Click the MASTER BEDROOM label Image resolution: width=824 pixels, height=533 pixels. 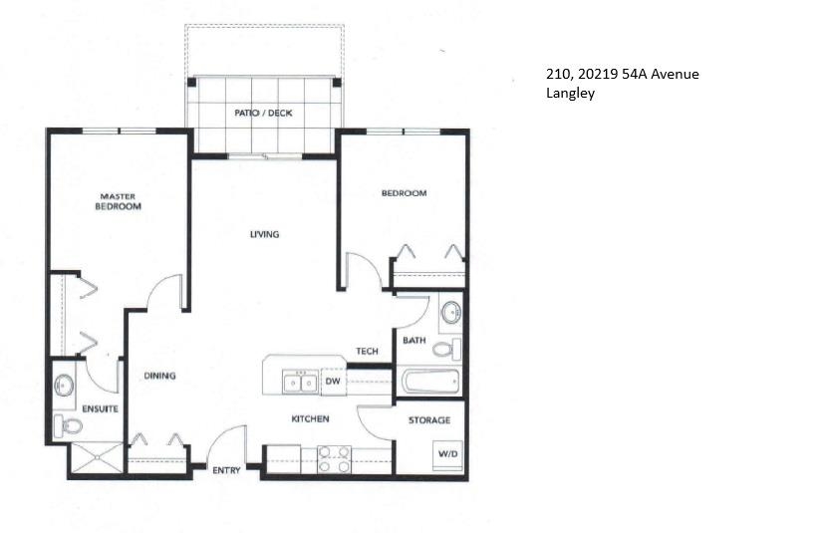pos(118,201)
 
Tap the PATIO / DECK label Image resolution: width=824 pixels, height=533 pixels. pos(262,113)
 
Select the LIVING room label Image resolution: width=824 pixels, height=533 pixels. pos(264,235)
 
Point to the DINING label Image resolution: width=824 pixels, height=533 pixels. pos(159,376)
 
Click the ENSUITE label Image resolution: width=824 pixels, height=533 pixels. pos(100,408)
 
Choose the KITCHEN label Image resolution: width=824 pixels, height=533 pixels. pos(310,418)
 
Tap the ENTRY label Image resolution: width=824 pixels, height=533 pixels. pos(226,469)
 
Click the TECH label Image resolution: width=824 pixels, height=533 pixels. pos(367,352)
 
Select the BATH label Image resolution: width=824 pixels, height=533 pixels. pos(413,341)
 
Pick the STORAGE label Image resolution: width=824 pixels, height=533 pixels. pos(429,420)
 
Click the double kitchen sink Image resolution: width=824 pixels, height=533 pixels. pos(299,381)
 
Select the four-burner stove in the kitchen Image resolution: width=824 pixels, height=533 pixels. pos(333,458)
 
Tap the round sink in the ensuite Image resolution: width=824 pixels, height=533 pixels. pos(66,384)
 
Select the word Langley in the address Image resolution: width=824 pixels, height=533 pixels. pos(569,95)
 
